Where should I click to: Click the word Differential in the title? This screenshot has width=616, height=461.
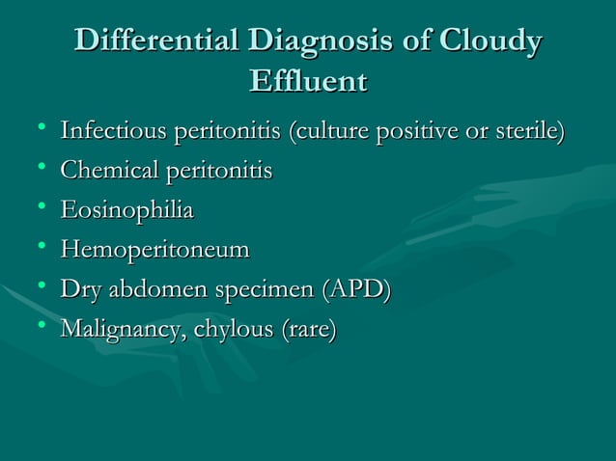(x=156, y=42)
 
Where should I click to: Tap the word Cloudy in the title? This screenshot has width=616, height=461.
(x=490, y=42)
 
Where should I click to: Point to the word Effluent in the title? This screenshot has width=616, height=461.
(x=308, y=81)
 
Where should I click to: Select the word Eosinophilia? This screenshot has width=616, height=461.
(x=126, y=211)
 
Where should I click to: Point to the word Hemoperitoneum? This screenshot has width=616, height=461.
(x=154, y=251)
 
